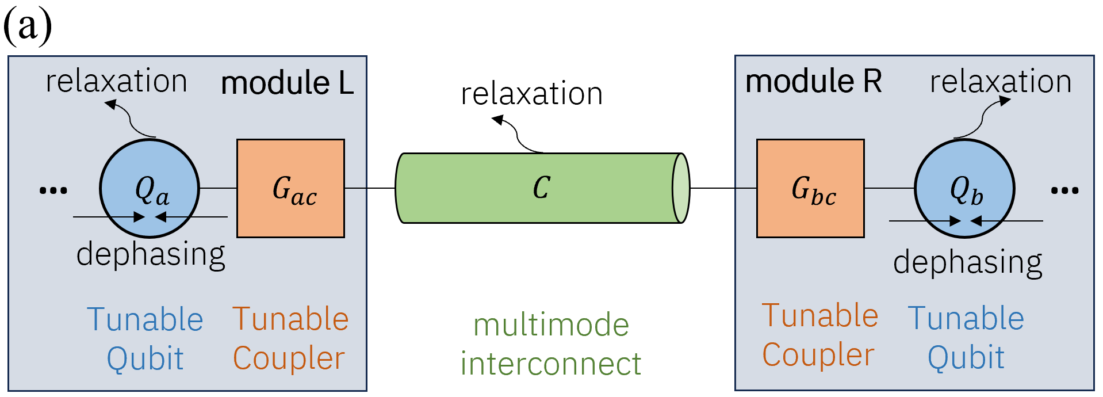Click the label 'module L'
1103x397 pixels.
287,83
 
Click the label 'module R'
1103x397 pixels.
813,81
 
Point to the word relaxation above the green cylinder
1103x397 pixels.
531,94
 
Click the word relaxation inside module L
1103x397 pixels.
117,81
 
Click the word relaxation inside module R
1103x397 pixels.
1001,82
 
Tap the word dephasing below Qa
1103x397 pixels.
151,254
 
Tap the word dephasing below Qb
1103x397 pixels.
967,262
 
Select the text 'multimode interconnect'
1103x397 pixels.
550,344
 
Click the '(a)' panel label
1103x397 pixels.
28,26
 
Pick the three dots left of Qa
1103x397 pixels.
53,190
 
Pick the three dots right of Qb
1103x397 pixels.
1064,190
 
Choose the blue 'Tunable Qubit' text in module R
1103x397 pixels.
966,338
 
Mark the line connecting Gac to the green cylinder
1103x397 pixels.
370,188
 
